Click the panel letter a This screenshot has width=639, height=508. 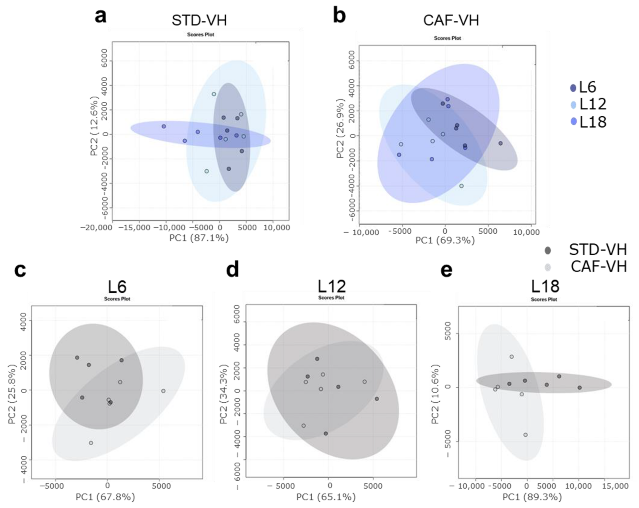point(100,16)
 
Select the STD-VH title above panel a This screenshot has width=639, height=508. point(199,20)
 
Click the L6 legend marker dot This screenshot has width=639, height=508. point(573,88)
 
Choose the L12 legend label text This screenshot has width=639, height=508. point(593,104)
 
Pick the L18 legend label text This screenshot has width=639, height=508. point(593,121)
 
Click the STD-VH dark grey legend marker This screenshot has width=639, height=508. point(548,251)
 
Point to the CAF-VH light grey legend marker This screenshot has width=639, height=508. point(548,267)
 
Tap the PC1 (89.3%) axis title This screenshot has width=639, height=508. point(532,497)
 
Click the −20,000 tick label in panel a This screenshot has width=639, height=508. point(96,227)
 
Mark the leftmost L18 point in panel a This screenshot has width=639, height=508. point(164,126)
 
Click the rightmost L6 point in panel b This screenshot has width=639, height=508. point(500,143)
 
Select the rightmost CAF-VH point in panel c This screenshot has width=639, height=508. point(163,391)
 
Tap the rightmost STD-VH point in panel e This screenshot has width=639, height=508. point(580,388)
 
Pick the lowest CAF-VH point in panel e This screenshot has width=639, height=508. point(526,435)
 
